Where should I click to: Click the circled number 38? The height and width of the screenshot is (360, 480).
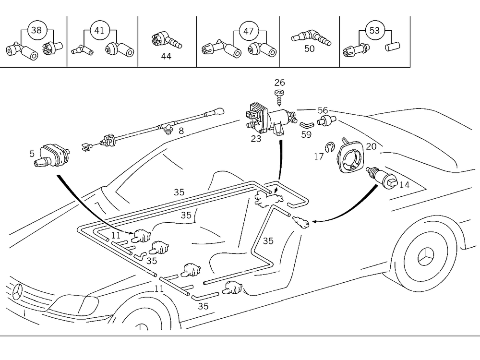[36, 30]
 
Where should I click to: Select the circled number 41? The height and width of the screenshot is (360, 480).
[99, 30]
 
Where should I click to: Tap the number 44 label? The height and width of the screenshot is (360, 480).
[166, 56]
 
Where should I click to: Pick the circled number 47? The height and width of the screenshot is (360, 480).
[248, 30]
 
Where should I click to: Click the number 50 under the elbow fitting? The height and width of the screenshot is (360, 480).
[310, 49]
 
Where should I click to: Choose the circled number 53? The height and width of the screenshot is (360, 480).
[374, 30]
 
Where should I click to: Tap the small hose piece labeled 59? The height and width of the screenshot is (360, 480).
[306, 124]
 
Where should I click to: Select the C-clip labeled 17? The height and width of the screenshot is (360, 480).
[329, 148]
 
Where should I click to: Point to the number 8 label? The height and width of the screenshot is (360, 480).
[181, 130]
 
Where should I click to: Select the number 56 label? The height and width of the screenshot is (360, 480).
[323, 111]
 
